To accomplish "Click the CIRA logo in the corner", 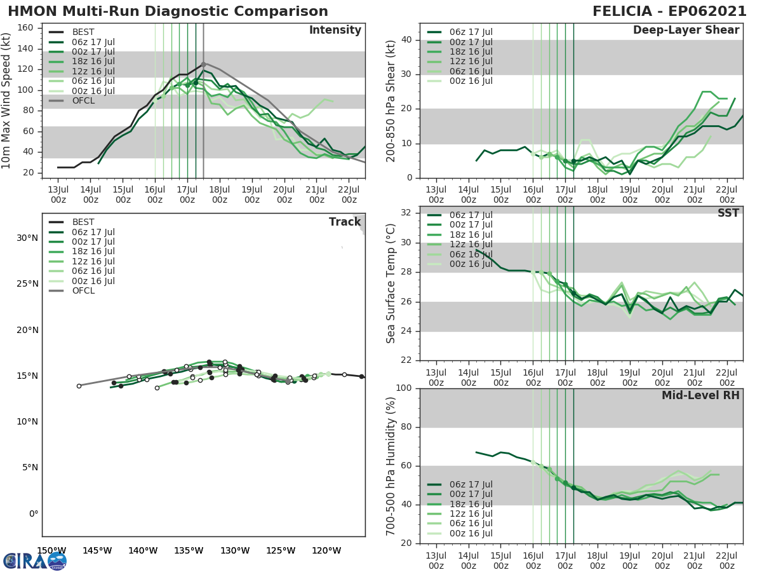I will tap(34, 561).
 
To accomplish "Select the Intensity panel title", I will tap(335, 31).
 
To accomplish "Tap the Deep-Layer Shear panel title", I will tap(686, 31).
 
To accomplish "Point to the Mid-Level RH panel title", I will tap(700, 395).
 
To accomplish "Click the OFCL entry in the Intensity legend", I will tap(84, 101).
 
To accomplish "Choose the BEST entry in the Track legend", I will tap(84, 222).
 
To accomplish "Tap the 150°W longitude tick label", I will tap(51, 550).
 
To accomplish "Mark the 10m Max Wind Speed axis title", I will tap(7, 101).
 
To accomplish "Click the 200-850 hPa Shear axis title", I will tap(391, 101).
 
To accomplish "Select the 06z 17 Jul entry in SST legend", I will tap(471, 215).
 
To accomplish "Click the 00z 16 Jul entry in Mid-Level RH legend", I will tap(471, 534).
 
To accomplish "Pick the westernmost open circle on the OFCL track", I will tap(79, 386).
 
